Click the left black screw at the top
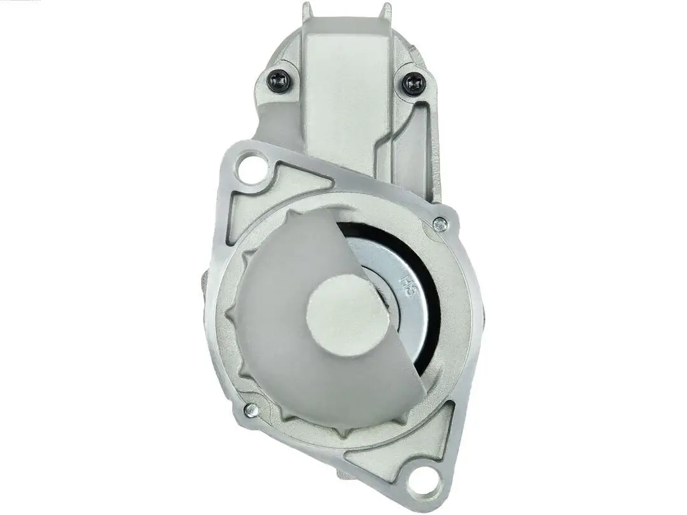coord(279,81)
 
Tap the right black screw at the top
coord(414,83)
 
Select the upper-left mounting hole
coord(251,168)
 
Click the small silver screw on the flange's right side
coord(440,224)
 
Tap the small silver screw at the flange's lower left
coord(251,410)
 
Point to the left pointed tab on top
coord(307,10)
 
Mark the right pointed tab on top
coord(385,11)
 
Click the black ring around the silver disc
coord(433,299)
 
